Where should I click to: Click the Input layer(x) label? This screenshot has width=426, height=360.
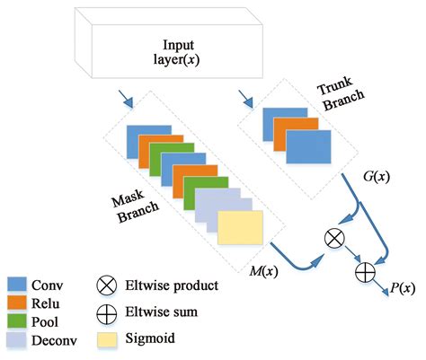(x=177, y=52)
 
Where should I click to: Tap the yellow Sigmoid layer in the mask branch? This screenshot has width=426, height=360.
(x=240, y=228)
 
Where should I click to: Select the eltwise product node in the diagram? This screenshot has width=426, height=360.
(x=334, y=239)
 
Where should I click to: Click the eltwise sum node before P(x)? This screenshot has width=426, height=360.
(x=365, y=272)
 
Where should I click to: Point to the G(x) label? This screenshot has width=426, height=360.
(x=377, y=177)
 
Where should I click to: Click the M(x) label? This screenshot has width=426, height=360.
(x=263, y=271)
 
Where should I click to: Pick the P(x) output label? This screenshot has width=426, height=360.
(x=403, y=288)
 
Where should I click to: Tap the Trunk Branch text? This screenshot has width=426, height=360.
(x=341, y=93)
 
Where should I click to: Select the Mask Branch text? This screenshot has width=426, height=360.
(x=135, y=206)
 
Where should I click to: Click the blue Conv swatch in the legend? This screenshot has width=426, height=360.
(x=17, y=284)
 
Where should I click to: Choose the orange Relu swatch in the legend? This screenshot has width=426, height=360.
(x=17, y=303)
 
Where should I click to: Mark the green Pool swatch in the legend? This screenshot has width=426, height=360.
(x=17, y=321)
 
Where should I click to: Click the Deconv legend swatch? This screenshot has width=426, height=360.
(x=17, y=339)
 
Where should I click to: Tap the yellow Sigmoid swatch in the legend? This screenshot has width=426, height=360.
(x=107, y=339)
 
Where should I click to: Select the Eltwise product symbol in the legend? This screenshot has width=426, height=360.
(x=107, y=285)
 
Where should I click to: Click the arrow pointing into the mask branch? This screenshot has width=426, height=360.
(x=126, y=99)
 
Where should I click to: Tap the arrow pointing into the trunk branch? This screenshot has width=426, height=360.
(x=245, y=99)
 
